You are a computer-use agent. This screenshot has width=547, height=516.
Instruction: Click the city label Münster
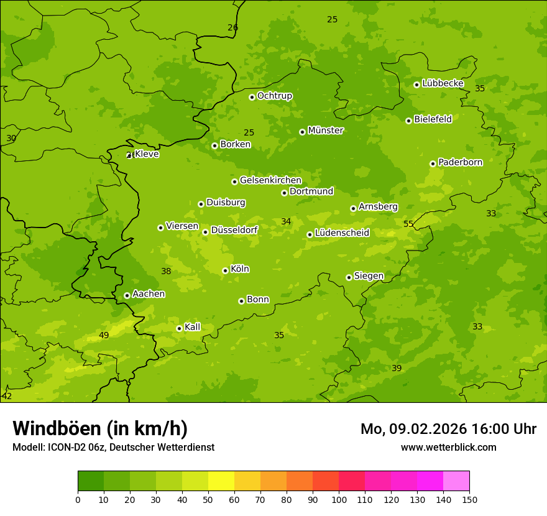[x=326, y=131]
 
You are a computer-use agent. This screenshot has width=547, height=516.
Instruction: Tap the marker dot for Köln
[x=225, y=270]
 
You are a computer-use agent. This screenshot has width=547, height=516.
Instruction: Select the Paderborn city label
[x=460, y=162]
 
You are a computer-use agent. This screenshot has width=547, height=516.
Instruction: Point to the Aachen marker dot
[x=127, y=295]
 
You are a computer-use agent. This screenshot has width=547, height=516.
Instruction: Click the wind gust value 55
[x=408, y=224]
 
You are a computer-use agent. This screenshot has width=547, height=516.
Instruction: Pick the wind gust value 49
[x=104, y=336]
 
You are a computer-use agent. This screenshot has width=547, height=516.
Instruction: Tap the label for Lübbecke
[x=443, y=83]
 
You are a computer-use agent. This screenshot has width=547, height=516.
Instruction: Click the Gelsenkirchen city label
[x=270, y=180]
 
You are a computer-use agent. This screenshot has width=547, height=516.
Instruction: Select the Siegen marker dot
[x=349, y=277]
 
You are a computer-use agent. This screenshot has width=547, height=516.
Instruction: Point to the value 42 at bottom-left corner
[x=7, y=396]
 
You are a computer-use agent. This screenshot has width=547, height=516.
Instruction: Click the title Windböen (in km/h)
[x=100, y=428]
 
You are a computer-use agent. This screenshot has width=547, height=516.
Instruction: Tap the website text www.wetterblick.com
[x=448, y=447]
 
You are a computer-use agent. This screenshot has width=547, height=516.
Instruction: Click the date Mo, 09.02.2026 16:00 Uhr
[x=448, y=429]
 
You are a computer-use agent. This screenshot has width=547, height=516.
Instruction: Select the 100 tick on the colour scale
[x=339, y=499]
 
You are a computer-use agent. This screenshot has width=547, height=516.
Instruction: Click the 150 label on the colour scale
[x=469, y=499]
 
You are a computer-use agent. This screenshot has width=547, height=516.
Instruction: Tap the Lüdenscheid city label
[x=342, y=233]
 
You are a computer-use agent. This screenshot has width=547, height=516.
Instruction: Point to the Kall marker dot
[x=179, y=328]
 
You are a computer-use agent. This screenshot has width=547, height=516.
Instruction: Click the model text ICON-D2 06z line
[x=113, y=447]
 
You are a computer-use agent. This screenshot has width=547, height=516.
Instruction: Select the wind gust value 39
[x=397, y=369]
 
